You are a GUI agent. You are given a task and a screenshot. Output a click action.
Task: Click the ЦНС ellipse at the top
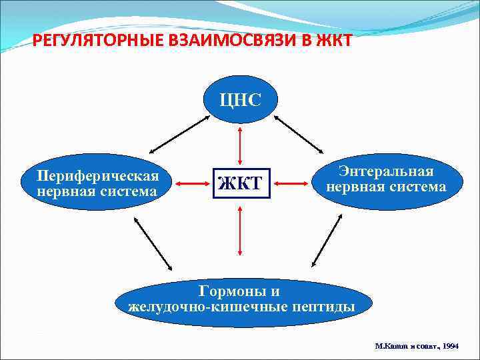240,101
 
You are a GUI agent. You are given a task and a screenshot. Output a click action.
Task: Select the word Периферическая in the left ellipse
98,176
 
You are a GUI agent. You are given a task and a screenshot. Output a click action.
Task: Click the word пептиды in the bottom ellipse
321,307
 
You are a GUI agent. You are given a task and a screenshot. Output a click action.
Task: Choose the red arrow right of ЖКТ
291,181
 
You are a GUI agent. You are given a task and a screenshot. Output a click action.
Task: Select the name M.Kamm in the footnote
389,347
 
